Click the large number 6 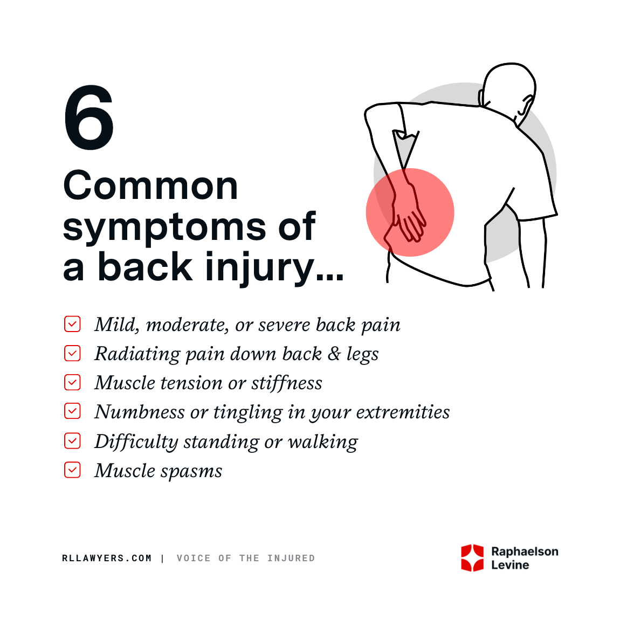tap(89, 119)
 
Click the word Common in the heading tap(150, 186)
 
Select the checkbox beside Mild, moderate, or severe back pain tap(72, 324)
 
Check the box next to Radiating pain tap(72, 353)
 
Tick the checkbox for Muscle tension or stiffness tap(72, 382)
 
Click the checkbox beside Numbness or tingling tap(72, 411)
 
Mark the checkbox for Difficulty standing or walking tap(72, 441)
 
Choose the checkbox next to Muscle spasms tap(72, 470)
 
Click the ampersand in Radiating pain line tap(334, 354)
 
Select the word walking tap(323, 442)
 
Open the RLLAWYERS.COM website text tap(107, 559)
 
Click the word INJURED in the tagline tap(291, 559)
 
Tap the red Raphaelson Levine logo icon tap(472, 558)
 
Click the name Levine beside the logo tap(510, 565)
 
